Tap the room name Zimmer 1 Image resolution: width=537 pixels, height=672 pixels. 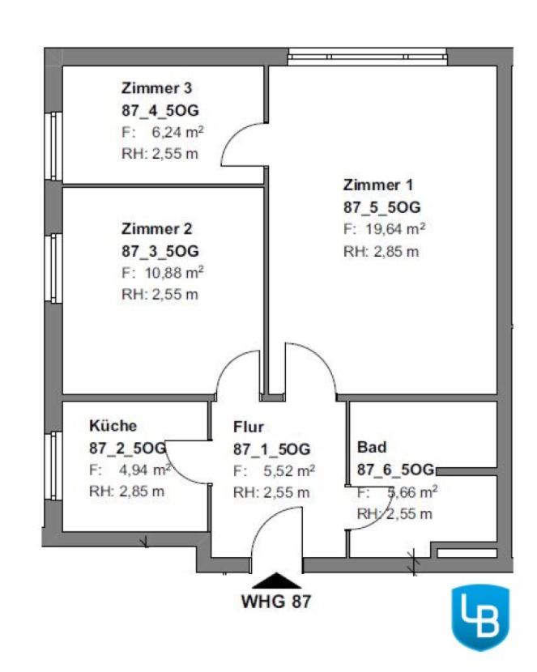point(373,185)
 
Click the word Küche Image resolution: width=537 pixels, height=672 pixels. point(113,425)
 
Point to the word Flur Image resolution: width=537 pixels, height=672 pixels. point(249,427)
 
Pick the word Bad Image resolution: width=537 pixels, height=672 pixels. point(372,447)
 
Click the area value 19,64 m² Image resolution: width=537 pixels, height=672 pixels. point(394,229)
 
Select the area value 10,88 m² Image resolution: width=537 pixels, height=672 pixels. point(172,272)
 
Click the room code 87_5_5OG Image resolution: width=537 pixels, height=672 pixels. point(382,207)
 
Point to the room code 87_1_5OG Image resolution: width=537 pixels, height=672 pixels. point(271,449)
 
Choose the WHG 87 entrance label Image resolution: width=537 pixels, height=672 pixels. point(276,602)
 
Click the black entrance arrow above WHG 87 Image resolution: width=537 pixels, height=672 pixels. point(276,580)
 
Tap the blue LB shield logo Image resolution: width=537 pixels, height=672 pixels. point(479,617)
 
